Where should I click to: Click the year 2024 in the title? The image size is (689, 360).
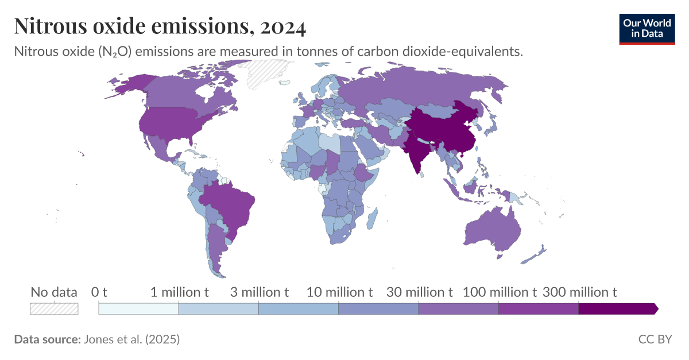tap(282, 26)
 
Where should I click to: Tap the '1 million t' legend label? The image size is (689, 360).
tap(179, 292)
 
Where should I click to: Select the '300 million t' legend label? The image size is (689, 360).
tap(579, 292)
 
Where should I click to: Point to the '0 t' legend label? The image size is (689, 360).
tap(99, 292)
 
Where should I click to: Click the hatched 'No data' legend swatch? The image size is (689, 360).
tap(54, 308)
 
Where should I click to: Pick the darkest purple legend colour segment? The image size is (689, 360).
tap(617, 309)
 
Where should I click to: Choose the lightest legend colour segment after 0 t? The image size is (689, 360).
tap(138, 309)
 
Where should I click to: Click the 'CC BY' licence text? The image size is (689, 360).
tap(655, 339)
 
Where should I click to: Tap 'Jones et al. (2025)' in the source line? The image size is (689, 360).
tap(131, 339)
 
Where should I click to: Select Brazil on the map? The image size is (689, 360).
tap(230, 204)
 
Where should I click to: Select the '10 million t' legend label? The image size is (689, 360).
tap(339, 292)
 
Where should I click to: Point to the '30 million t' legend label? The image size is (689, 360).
tap(419, 292)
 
